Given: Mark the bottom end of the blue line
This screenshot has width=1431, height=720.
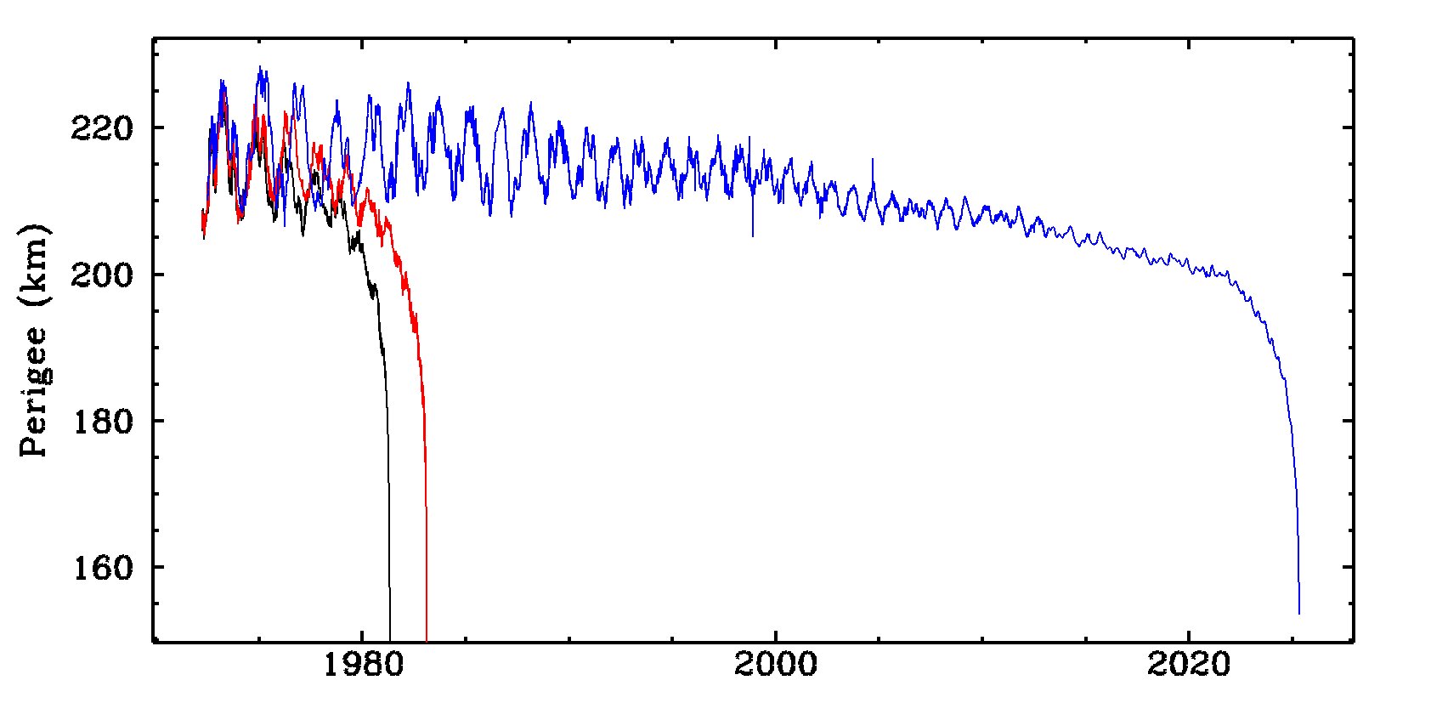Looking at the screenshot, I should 1299,612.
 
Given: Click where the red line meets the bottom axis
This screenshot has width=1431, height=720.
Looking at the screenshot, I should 426,638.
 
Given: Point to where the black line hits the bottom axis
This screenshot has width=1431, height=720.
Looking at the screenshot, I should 390,638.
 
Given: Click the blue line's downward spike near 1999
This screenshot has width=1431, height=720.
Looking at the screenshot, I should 752,235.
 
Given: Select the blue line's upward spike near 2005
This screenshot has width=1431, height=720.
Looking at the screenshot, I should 873,160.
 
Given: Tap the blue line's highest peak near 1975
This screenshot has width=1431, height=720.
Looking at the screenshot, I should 261,68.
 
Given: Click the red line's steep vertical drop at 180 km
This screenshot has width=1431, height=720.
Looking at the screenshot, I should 424,421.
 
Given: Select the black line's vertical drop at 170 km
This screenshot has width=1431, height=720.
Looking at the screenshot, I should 389,493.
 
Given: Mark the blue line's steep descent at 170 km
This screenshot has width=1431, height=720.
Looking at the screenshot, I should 1296,493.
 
